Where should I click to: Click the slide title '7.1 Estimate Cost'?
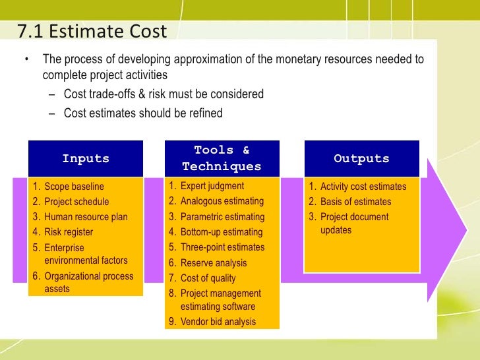coord(92,31)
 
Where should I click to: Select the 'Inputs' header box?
coord(86,158)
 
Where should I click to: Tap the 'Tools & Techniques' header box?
coord(222,158)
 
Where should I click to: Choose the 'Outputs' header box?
coord(362,158)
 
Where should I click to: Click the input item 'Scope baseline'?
coord(74,187)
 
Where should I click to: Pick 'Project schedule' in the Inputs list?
coord(76,202)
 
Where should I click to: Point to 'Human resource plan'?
coord(86,217)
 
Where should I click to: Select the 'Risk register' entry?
coord(69,232)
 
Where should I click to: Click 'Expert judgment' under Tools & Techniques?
coord(212,186)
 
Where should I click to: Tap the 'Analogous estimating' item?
coord(222,201)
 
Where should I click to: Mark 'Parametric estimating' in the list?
coord(223,217)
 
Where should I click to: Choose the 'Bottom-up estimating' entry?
coord(222,232)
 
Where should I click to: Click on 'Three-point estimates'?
coord(223,247)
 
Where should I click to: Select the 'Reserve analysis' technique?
coord(214,263)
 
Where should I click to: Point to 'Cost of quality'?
coord(208,278)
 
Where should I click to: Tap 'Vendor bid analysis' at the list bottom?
coord(218,322)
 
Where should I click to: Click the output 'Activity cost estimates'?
coord(363,187)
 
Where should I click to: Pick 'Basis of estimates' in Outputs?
coord(356,202)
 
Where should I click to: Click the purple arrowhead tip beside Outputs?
coord(467,230)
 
